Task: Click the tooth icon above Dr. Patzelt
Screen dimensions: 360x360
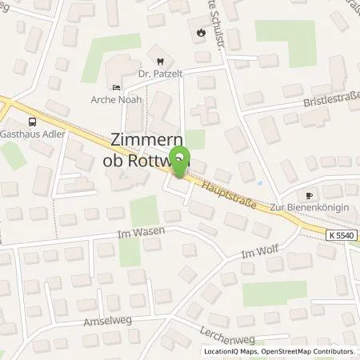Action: point(159,59)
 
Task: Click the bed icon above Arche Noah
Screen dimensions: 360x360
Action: point(117,89)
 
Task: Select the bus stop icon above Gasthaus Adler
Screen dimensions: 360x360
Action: point(32,122)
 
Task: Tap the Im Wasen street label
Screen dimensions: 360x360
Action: point(134,235)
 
